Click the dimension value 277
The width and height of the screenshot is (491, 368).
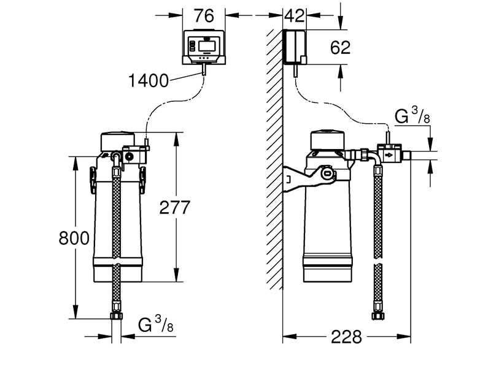pos(174,208)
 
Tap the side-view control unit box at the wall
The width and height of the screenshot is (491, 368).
pos(295,47)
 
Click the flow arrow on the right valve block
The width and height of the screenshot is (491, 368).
pos(390,155)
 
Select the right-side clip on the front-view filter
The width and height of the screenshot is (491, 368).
pos(144,177)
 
